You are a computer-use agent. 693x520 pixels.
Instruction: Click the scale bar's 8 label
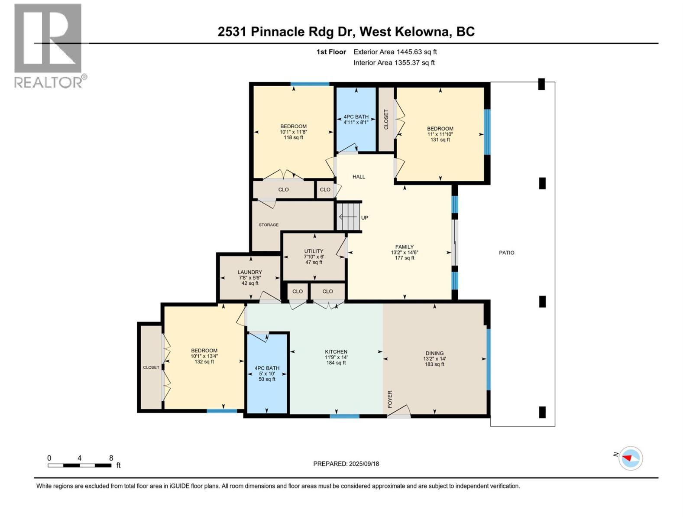[x=111, y=458]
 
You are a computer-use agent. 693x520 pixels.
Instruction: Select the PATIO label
[x=506, y=253]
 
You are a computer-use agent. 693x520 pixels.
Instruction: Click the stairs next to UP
[x=349, y=217]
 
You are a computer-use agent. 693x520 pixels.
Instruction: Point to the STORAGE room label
[x=269, y=225]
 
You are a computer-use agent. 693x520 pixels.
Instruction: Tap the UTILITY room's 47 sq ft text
[x=314, y=262]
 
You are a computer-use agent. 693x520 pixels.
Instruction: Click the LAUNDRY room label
[x=249, y=272]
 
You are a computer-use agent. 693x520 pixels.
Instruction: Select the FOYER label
[x=390, y=399]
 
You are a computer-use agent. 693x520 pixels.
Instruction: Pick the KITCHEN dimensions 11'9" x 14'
[x=336, y=357]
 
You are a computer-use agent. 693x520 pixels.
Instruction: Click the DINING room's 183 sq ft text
[x=434, y=364]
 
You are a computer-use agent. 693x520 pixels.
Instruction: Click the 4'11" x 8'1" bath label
[x=356, y=122]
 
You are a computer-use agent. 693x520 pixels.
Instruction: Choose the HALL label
[x=359, y=177]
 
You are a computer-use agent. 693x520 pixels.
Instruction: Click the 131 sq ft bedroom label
[x=440, y=140]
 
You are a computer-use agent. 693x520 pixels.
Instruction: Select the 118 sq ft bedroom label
[x=293, y=137]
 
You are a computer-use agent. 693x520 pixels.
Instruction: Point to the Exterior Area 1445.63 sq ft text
[x=395, y=52]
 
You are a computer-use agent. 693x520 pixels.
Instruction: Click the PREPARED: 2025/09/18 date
[x=346, y=464]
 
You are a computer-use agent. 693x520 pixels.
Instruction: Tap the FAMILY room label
[x=404, y=247]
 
